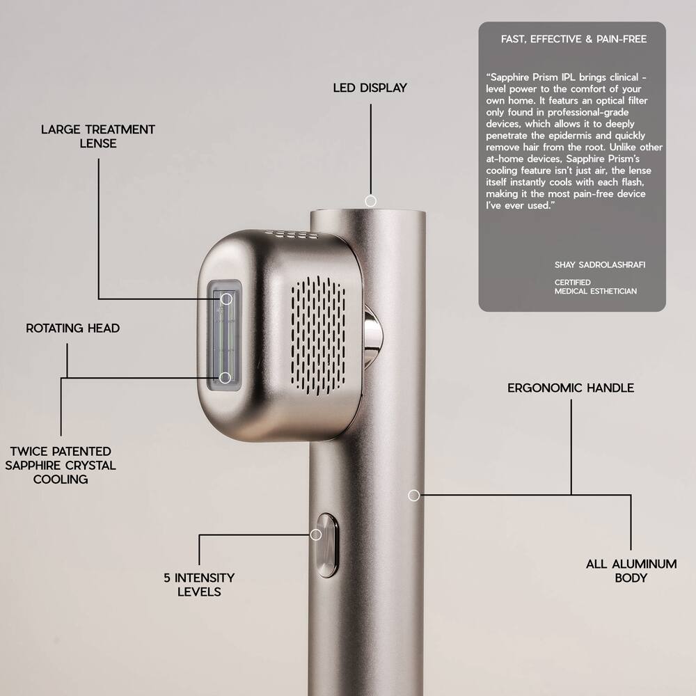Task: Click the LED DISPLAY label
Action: coord(370,88)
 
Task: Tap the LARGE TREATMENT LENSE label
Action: coord(98,136)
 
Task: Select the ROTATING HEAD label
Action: coord(73,329)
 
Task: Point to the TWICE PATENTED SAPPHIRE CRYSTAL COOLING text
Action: coord(61,466)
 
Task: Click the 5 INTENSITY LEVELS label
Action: coord(199,585)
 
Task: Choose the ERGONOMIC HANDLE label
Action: coord(571,388)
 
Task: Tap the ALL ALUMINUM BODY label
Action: coord(631,571)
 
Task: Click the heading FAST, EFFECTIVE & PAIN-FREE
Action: coord(574,39)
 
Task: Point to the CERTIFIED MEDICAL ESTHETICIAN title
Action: coord(595,287)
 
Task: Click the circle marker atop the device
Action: coord(371,200)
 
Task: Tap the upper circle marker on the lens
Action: coord(226,299)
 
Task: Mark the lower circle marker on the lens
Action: coord(225,377)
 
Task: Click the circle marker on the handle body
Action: coord(413,495)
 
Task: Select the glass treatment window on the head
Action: coord(224,338)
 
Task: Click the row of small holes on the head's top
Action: coord(293,235)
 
